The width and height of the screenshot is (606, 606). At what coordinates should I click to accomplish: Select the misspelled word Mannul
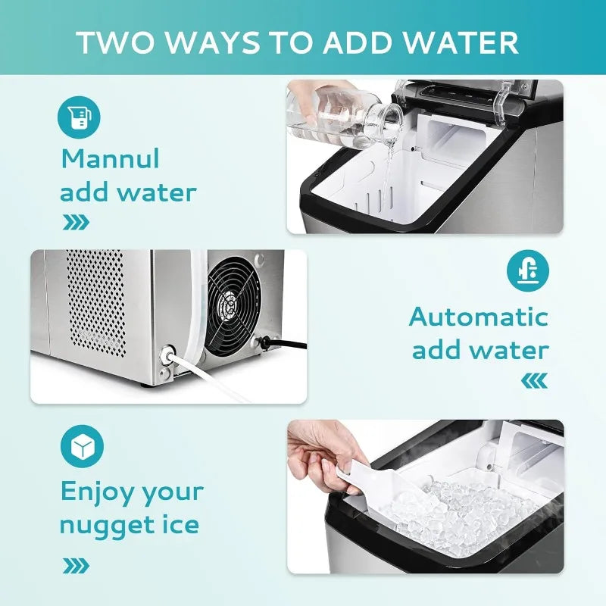point(111,159)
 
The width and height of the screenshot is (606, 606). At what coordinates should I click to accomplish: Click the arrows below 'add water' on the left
point(75,222)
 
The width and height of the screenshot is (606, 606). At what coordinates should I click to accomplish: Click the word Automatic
point(479,316)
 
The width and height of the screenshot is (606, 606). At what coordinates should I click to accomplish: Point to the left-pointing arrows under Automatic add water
point(534,380)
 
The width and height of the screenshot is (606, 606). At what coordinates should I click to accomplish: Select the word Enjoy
point(97,492)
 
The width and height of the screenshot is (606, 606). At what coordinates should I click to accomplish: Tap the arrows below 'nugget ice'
point(75,565)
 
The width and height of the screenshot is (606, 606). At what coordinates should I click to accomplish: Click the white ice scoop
point(371,485)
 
